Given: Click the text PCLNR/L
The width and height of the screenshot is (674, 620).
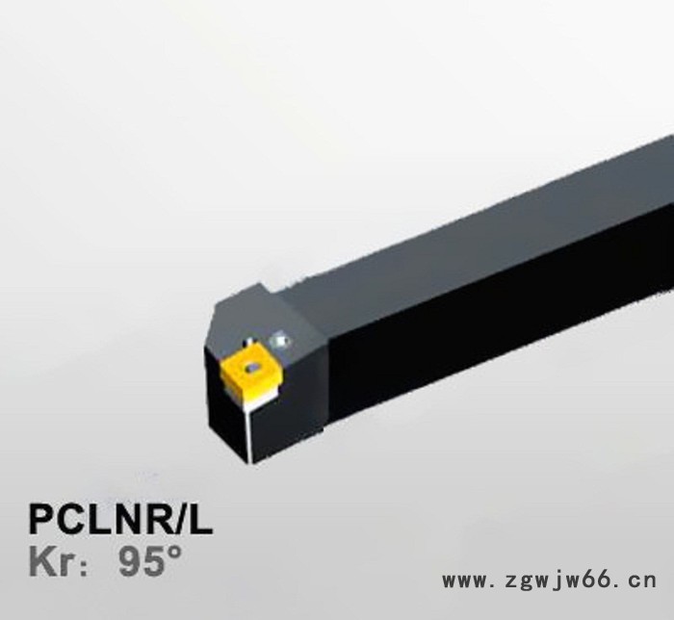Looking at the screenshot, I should pos(120,521).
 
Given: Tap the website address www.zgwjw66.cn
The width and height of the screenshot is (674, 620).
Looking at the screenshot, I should pos(548,581).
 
